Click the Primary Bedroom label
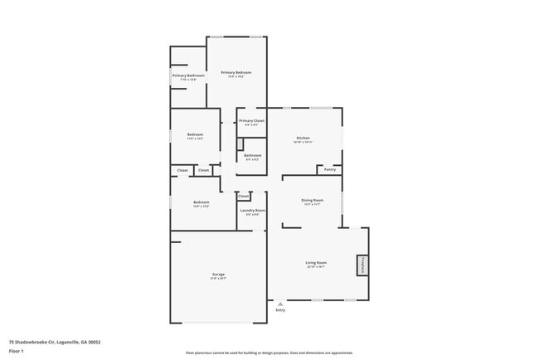click(x=236, y=73)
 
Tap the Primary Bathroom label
click(x=188, y=75)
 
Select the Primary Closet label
click(x=252, y=121)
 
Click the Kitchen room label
click(x=303, y=138)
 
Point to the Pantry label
click(x=329, y=169)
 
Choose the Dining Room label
click(x=312, y=201)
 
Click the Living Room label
click(x=316, y=263)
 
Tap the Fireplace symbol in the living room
click(x=362, y=265)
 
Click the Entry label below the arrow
click(x=280, y=310)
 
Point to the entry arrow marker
click(x=280, y=304)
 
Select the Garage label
click(x=219, y=274)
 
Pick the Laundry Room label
click(x=253, y=211)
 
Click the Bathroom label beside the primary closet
click(x=253, y=155)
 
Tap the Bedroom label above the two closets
click(x=195, y=134)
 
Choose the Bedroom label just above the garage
click(x=202, y=202)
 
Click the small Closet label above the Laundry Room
click(x=243, y=196)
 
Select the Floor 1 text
click(x=17, y=350)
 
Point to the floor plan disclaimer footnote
click(x=269, y=353)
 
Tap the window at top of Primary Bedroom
click(x=236, y=36)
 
